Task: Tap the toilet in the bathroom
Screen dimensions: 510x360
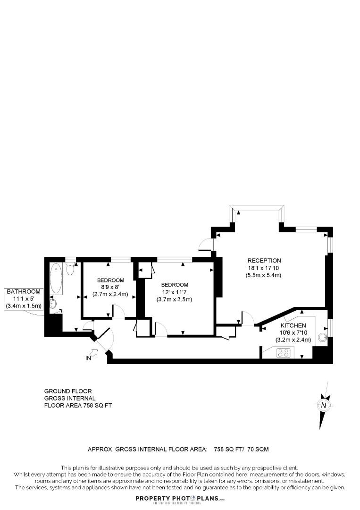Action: point(70,269)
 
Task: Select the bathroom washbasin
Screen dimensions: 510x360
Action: point(53,304)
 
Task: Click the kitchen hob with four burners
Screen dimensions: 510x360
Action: point(283,352)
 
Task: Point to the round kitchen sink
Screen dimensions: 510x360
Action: point(323,337)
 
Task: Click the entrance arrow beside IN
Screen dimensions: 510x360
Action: point(94,351)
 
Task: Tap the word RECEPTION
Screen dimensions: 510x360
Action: point(264,261)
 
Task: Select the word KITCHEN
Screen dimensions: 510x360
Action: point(293,326)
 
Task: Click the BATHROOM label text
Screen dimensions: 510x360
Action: point(24,292)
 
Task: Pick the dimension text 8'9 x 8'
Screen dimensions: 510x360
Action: point(109,287)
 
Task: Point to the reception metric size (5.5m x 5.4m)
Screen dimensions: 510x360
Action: point(264,276)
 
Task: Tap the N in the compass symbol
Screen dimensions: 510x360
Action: point(323,405)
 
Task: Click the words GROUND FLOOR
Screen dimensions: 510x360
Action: point(68,391)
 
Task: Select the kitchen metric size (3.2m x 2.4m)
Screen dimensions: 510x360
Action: point(293,340)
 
